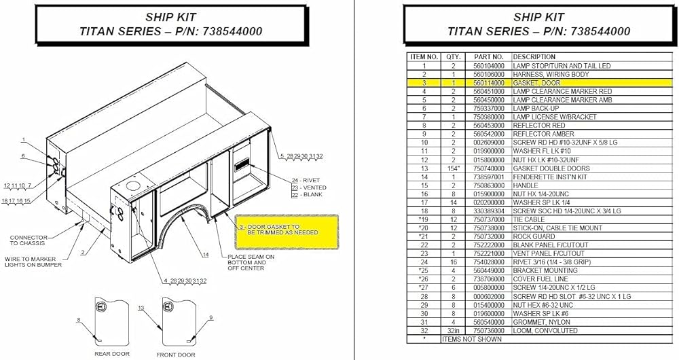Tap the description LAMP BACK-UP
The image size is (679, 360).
tap(536, 107)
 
